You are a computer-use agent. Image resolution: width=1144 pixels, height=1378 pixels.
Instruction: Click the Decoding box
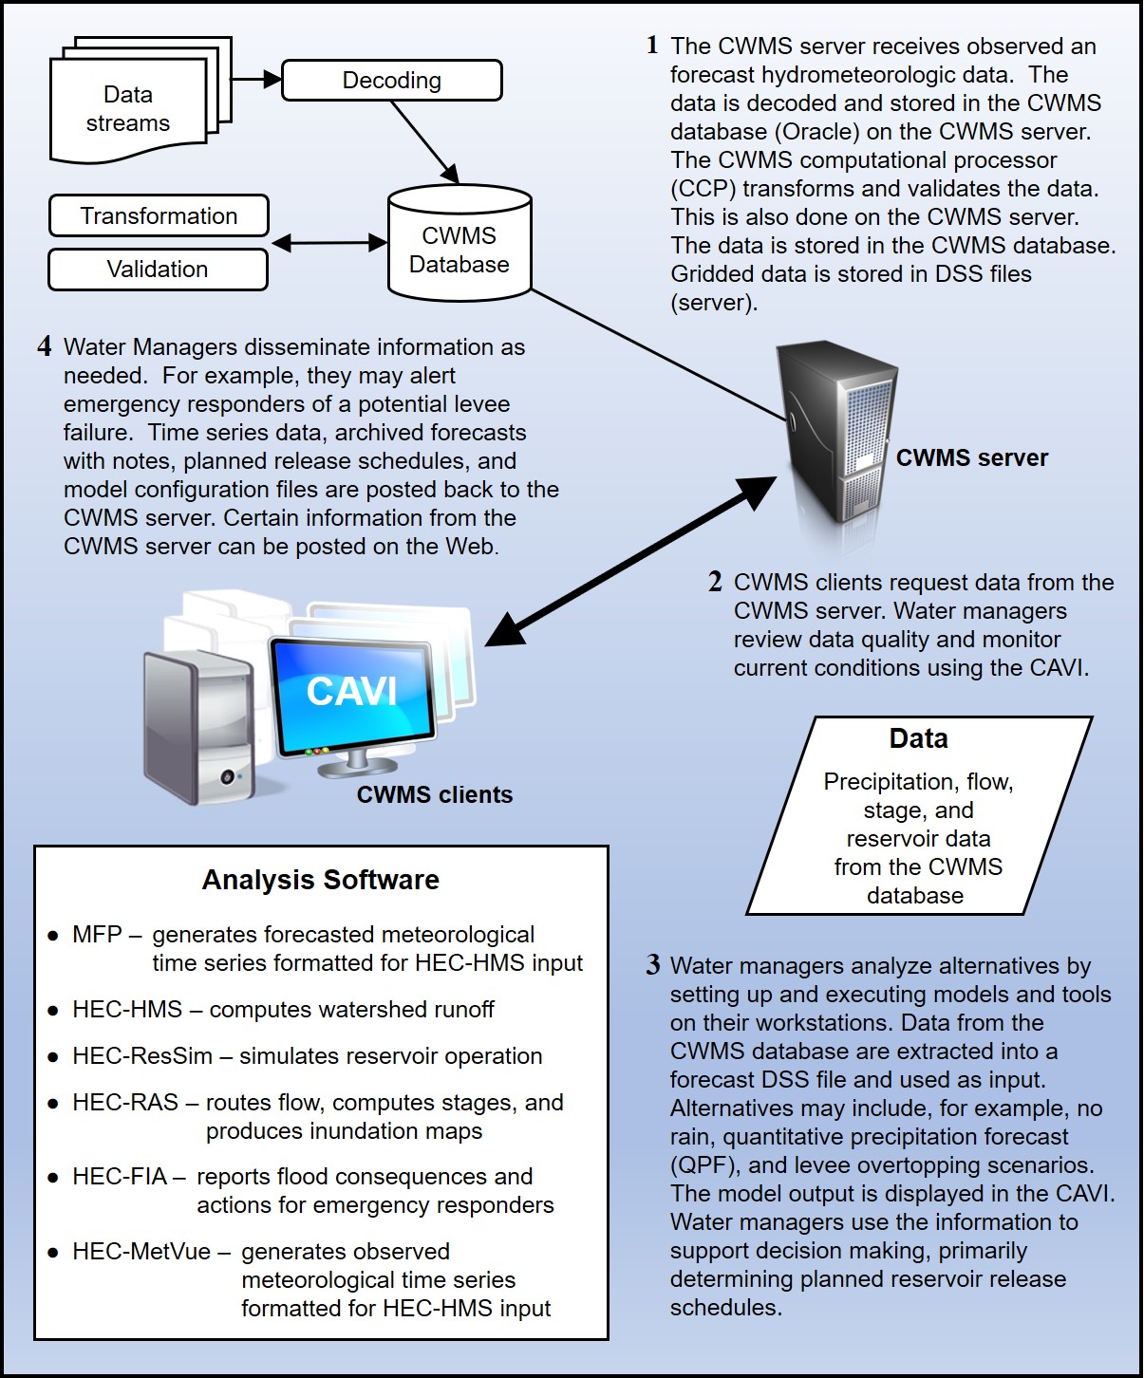coord(391,81)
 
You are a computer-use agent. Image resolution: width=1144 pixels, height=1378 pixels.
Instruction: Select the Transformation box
coord(159,216)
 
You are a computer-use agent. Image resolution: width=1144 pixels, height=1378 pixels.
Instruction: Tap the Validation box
coord(158,270)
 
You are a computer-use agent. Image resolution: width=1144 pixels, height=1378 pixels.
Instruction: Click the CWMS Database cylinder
coord(459,245)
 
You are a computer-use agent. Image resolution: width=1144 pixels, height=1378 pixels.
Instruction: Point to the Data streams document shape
coord(128,109)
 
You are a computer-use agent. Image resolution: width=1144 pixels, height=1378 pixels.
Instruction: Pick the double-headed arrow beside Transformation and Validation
coord(329,244)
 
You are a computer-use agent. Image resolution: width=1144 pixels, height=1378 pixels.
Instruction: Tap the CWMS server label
coord(972,458)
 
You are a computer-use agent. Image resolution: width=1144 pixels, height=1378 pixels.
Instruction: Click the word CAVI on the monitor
coord(351,692)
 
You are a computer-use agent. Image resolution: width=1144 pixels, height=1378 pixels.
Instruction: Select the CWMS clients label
coord(435,795)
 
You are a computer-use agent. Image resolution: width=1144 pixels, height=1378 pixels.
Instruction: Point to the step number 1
coord(652,46)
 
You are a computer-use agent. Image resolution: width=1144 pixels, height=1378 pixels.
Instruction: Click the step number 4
coord(45,346)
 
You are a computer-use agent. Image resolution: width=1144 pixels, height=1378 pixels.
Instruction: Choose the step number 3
coord(653,966)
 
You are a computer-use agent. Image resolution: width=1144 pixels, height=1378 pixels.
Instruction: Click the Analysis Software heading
coord(321,881)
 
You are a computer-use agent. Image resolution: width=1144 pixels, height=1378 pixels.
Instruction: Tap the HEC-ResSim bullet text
coord(307,1056)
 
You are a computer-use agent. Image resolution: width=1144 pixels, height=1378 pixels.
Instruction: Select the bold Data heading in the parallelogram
coord(918,739)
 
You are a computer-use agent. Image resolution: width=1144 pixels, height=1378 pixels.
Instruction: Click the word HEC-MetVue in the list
coord(141,1252)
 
